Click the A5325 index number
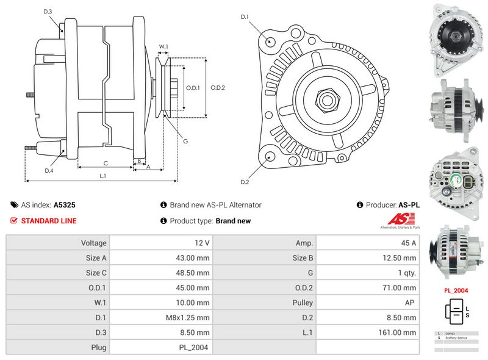coord(65,206)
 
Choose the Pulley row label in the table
coord(303,303)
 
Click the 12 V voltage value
coord(203,243)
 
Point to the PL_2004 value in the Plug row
coord(196,347)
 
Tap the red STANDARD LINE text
coord(49,221)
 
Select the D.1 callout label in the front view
coord(245,16)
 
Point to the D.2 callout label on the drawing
coord(245,182)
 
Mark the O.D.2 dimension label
coord(218,87)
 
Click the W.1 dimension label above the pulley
coord(163,46)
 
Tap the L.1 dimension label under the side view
coord(103,176)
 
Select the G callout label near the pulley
coord(185,142)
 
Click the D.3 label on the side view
coord(48,12)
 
